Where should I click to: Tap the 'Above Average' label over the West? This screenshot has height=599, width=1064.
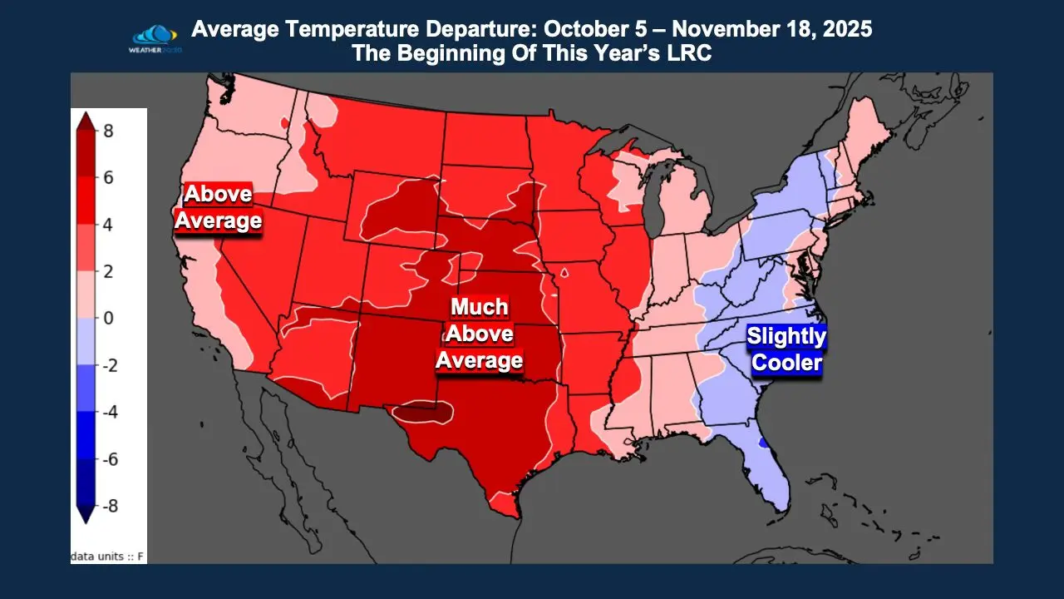coord(218,207)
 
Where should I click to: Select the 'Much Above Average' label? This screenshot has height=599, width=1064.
coord(480,333)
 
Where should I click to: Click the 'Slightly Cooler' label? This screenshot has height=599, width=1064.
coord(786,349)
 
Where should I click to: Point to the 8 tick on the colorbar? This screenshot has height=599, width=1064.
coord(109,131)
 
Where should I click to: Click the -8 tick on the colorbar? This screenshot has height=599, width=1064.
coord(109,506)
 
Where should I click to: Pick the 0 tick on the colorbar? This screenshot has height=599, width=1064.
coord(108,318)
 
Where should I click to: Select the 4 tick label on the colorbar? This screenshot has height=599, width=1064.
coord(109,225)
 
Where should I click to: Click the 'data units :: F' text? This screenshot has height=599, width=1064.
coord(107,555)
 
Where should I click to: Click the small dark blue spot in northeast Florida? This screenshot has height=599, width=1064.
coord(763,443)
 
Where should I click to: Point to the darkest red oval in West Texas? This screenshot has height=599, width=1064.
coord(423,410)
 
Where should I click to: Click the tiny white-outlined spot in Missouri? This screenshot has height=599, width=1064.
coord(564,272)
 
